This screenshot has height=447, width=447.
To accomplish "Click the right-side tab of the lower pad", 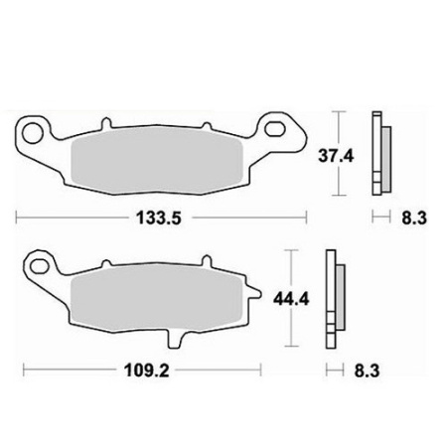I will click(257, 295).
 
